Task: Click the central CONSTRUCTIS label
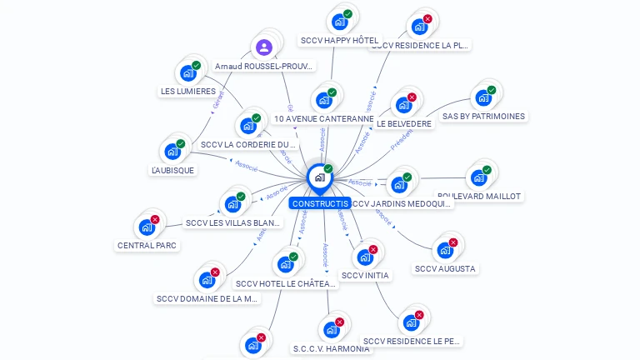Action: pyautogui.click(x=319, y=203)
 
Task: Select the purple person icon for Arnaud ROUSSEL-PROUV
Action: pyautogui.click(x=264, y=47)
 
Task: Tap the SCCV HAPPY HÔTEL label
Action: pyautogui.click(x=339, y=40)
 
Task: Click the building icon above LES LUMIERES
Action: pyautogui.click(x=188, y=72)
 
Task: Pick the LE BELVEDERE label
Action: pyautogui.click(x=404, y=123)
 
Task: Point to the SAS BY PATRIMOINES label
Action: pyautogui.click(x=483, y=116)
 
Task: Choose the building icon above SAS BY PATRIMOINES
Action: pyautogui.click(x=483, y=97)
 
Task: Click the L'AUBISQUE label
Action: pyautogui.click(x=172, y=170)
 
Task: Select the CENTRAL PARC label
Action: pyautogui.click(x=147, y=245)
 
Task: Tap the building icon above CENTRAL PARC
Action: pyautogui.click(x=147, y=227)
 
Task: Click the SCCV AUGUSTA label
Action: pyautogui.click(x=445, y=268)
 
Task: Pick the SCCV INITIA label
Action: pyautogui.click(x=365, y=275)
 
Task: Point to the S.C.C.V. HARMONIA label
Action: pyautogui.click(x=331, y=348)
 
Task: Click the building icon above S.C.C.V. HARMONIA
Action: pyautogui.click(x=331, y=329)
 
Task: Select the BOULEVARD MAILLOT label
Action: pyautogui.click(x=479, y=196)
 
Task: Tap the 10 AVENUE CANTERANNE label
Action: pyautogui.click(x=324, y=118)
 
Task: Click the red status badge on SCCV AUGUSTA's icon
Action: pyautogui.click(x=453, y=242)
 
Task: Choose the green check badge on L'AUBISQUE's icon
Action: pyautogui.click(x=181, y=143)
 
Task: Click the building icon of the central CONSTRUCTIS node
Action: pyautogui.click(x=319, y=177)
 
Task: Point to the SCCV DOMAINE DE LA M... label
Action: pyautogui.click(x=207, y=298)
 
